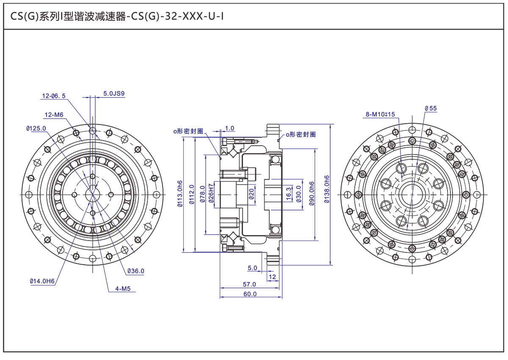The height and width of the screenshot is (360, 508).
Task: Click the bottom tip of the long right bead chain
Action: (x=407, y=229)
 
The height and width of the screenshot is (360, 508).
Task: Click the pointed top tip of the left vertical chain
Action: (x=92, y=116)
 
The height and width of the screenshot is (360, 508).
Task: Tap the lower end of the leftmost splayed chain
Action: (x=66, y=257)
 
